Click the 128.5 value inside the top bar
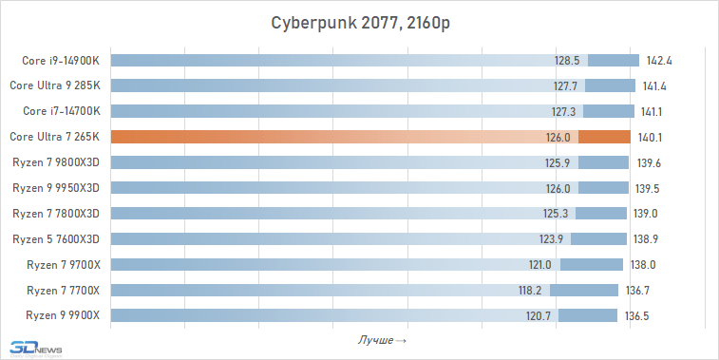[x=567, y=61]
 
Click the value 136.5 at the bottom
[x=637, y=315]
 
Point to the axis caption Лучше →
[x=383, y=340]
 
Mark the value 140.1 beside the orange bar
[x=647, y=137]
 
